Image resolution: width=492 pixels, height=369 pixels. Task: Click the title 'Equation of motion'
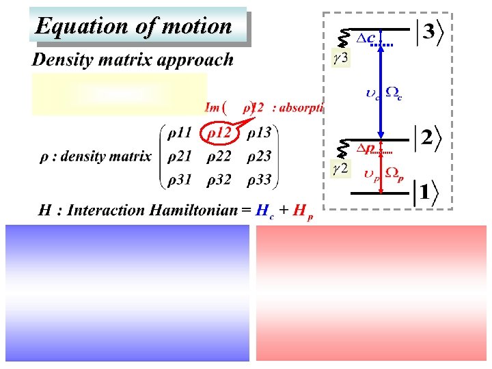pos(134,27)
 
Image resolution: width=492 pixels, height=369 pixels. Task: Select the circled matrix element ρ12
pos(219,133)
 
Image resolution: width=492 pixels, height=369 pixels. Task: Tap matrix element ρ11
pos(182,133)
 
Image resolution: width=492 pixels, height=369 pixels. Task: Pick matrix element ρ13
pos(259,133)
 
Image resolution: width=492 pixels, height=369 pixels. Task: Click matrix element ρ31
pos(182,180)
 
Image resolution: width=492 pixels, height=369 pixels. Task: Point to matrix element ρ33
pos(259,180)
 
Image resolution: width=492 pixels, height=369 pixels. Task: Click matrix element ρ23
pos(259,156)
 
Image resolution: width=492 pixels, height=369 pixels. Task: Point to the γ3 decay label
pos(340,58)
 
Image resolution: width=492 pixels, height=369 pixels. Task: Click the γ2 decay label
pos(340,169)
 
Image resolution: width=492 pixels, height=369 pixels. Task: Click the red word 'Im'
pos(212,107)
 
